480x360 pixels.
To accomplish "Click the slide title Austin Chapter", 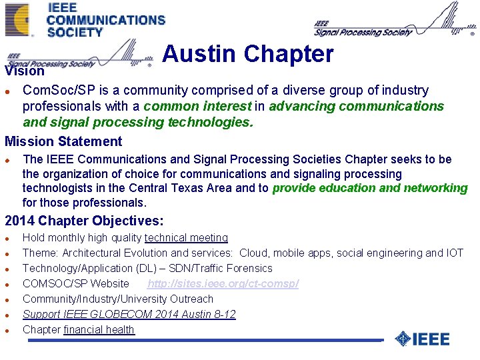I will [247, 54].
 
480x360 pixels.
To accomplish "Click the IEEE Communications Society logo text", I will [105, 20].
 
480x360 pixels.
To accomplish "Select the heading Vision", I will [25, 71].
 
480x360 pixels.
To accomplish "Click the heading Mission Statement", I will [63, 141].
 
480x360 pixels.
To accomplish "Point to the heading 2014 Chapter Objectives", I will [84, 221].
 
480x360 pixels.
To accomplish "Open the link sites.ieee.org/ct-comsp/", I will [223, 283].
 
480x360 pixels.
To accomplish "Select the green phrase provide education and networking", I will [370, 188].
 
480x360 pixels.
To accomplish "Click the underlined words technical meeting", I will [186, 237].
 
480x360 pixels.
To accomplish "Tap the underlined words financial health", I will [99, 329].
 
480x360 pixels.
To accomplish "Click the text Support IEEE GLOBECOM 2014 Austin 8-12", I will [129, 314].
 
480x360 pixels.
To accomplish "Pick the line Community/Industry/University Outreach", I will [118, 299].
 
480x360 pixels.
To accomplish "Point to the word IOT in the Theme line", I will [454, 253].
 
